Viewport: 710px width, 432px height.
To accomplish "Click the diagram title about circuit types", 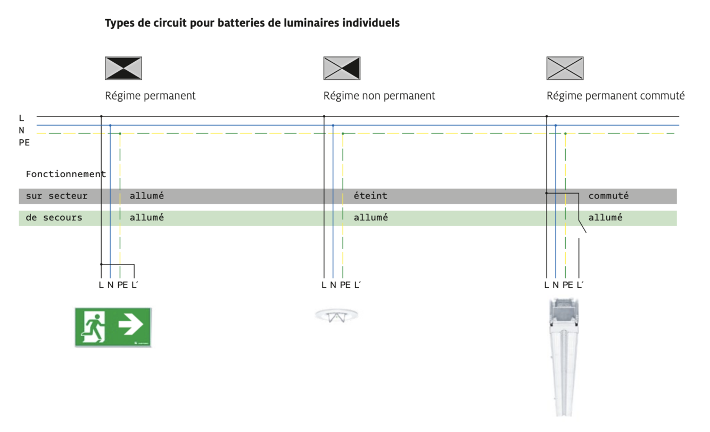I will (252, 23).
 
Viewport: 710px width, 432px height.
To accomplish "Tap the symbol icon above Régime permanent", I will (123, 68).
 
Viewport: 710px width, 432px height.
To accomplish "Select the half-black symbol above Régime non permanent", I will (342, 68).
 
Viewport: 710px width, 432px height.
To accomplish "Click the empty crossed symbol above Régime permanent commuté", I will (565, 68).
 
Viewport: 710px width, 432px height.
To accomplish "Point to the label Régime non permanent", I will (379, 96).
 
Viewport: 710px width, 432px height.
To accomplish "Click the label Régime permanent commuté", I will (615, 96).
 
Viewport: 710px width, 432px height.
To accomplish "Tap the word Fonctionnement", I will (65, 174).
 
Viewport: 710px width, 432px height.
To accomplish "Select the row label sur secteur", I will (56, 196).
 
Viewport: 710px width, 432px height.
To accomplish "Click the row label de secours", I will (54, 218).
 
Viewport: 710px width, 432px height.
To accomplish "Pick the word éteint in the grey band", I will (370, 196).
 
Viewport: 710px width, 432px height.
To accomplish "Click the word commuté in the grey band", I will (608, 196).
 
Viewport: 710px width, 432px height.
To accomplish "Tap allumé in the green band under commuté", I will (605, 218).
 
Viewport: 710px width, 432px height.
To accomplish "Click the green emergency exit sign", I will (113, 327).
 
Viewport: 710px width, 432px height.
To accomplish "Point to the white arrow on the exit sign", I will (131, 325).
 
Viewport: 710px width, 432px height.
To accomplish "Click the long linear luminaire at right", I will (564, 356).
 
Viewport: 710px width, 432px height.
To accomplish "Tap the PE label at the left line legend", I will (24, 143).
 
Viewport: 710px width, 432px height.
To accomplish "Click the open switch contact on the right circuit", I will (582, 226).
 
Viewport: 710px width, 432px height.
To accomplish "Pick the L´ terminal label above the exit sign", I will (135, 285).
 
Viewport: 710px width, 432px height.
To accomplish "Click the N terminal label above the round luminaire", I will (333, 285).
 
